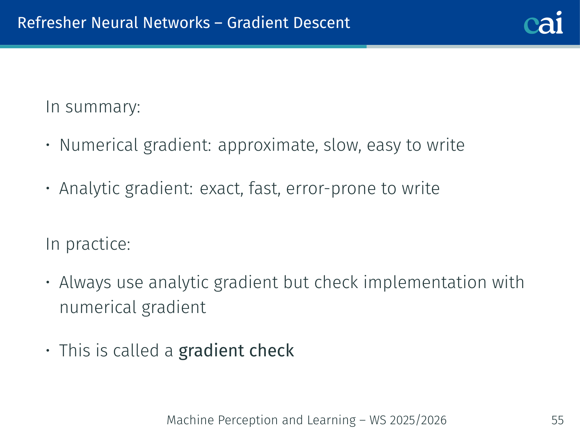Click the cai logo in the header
pyautogui.click(x=543, y=23)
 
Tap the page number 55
pyautogui.click(x=557, y=420)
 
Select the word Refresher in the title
pyautogui.click(x=52, y=23)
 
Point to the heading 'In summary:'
pyautogui.click(x=93, y=107)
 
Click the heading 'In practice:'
pyautogui.click(x=88, y=244)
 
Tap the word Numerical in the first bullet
pyautogui.click(x=99, y=145)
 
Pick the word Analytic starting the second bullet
pyautogui.click(x=90, y=189)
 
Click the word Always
pyautogui.click(x=85, y=283)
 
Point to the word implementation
pyautogui.click(x=425, y=283)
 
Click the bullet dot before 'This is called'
pyautogui.click(x=48, y=351)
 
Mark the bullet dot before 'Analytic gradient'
pyautogui.click(x=48, y=188)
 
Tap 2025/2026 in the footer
pyautogui.click(x=418, y=420)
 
